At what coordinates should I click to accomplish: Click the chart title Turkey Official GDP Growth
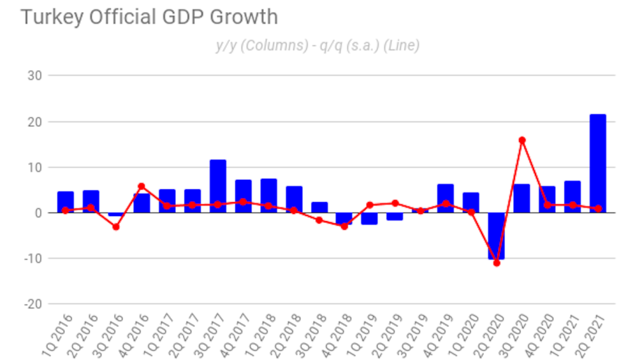pyautogui.click(x=149, y=17)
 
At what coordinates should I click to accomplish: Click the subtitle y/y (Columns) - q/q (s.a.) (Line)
pyautogui.click(x=318, y=46)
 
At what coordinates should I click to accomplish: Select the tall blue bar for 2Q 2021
pyautogui.click(x=598, y=163)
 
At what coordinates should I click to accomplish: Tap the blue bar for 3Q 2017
pyautogui.click(x=218, y=186)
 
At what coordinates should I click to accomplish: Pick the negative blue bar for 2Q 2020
pyautogui.click(x=496, y=236)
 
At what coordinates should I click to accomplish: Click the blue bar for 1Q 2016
pyautogui.click(x=66, y=202)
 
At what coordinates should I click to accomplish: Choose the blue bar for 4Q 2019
pyautogui.click(x=445, y=198)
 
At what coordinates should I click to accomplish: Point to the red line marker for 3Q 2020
pyautogui.click(x=522, y=140)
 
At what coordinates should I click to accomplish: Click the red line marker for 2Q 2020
pyautogui.click(x=497, y=263)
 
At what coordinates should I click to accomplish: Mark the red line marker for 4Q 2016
pyautogui.click(x=141, y=186)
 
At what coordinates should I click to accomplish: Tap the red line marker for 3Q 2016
pyautogui.click(x=116, y=227)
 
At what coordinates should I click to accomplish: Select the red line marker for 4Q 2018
pyautogui.click(x=344, y=226)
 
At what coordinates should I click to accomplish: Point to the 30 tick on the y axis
pyautogui.click(x=35, y=76)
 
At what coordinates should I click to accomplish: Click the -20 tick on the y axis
pyautogui.click(x=32, y=304)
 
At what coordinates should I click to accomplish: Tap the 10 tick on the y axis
pyautogui.click(x=35, y=167)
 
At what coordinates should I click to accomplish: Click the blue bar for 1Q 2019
pyautogui.click(x=369, y=218)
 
